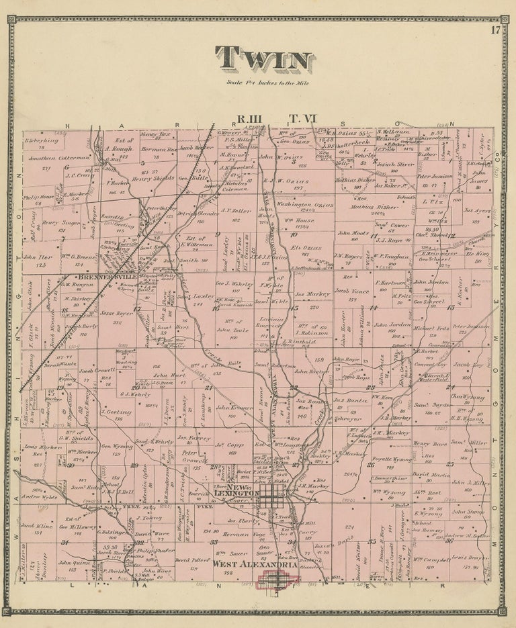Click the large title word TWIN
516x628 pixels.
[x=263, y=61]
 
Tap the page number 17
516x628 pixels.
[x=495, y=29]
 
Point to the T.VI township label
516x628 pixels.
[x=302, y=120]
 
